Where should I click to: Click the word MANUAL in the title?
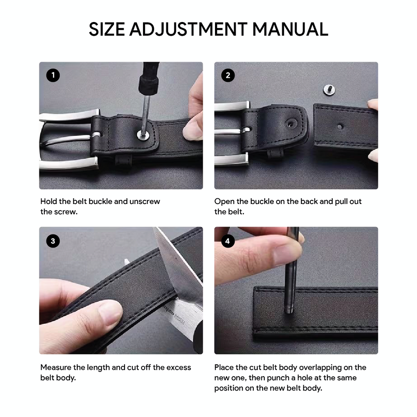point(290,29)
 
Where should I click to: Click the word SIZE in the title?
point(107,29)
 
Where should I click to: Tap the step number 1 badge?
point(53,75)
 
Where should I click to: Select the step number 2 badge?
point(228,75)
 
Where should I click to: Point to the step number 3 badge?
point(53,241)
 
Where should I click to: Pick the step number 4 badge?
point(228,241)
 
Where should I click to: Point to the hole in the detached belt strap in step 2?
point(340,127)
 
